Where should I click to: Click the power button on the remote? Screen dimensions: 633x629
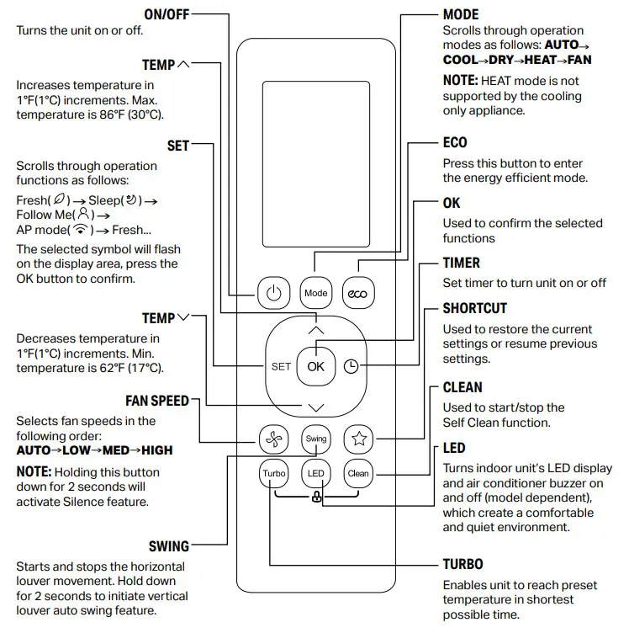(x=272, y=293)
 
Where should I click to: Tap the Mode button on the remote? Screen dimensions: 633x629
(x=315, y=293)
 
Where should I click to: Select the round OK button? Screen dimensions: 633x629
(x=315, y=367)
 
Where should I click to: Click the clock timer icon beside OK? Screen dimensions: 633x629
(x=351, y=367)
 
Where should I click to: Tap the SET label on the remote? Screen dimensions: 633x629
(x=281, y=367)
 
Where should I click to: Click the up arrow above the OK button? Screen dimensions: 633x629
(x=315, y=331)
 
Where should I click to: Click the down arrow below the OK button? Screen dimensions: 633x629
(x=315, y=407)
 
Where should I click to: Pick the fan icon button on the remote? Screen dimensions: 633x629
(x=272, y=439)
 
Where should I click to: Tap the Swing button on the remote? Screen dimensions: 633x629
(x=315, y=439)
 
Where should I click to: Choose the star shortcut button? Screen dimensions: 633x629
(x=358, y=439)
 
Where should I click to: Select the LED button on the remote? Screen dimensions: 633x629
(x=315, y=473)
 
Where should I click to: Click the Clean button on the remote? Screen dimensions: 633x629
(x=358, y=473)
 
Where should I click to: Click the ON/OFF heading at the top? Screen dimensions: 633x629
(x=166, y=14)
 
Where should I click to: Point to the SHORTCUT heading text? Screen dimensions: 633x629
(x=474, y=308)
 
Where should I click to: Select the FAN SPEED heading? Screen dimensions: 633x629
(x=157, y=401)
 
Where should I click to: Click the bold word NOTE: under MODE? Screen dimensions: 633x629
(x=460, y=81)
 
